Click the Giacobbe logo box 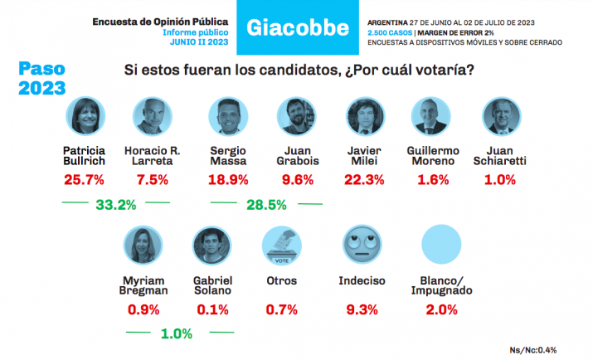[x=296, y=28]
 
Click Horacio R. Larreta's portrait [x=152, y=117]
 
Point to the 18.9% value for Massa [x=230, y=180]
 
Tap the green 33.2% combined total [x=115, y=204]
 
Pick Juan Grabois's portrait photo [x=296, y=117]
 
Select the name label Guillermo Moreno [x=435, y=155]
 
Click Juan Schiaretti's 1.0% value [x=500, y=180]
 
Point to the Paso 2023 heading [x=44, y=77]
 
